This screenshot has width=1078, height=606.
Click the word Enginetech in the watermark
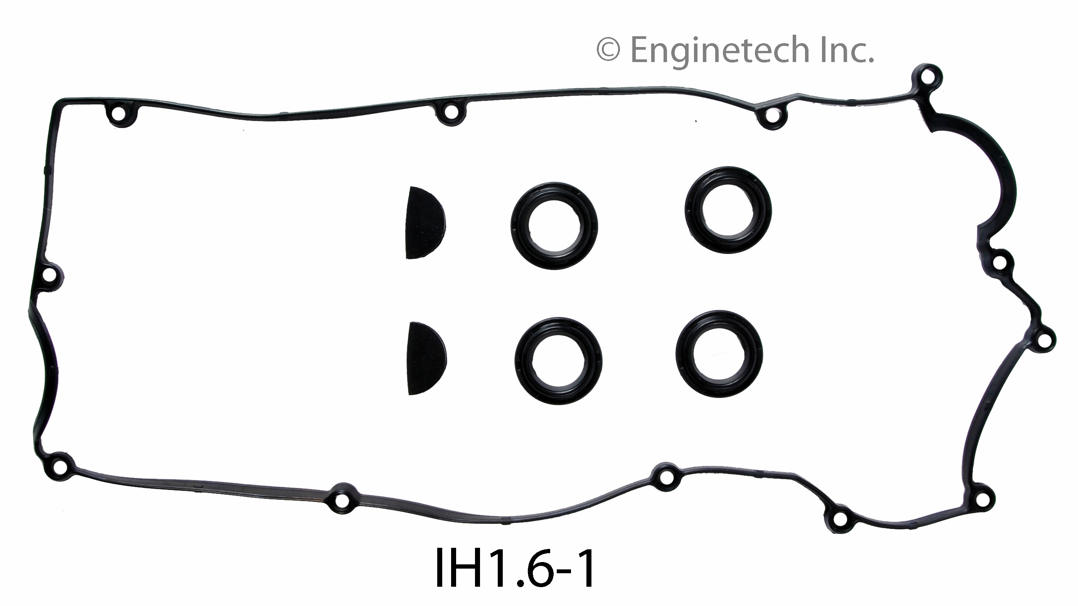click(720, 50)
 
